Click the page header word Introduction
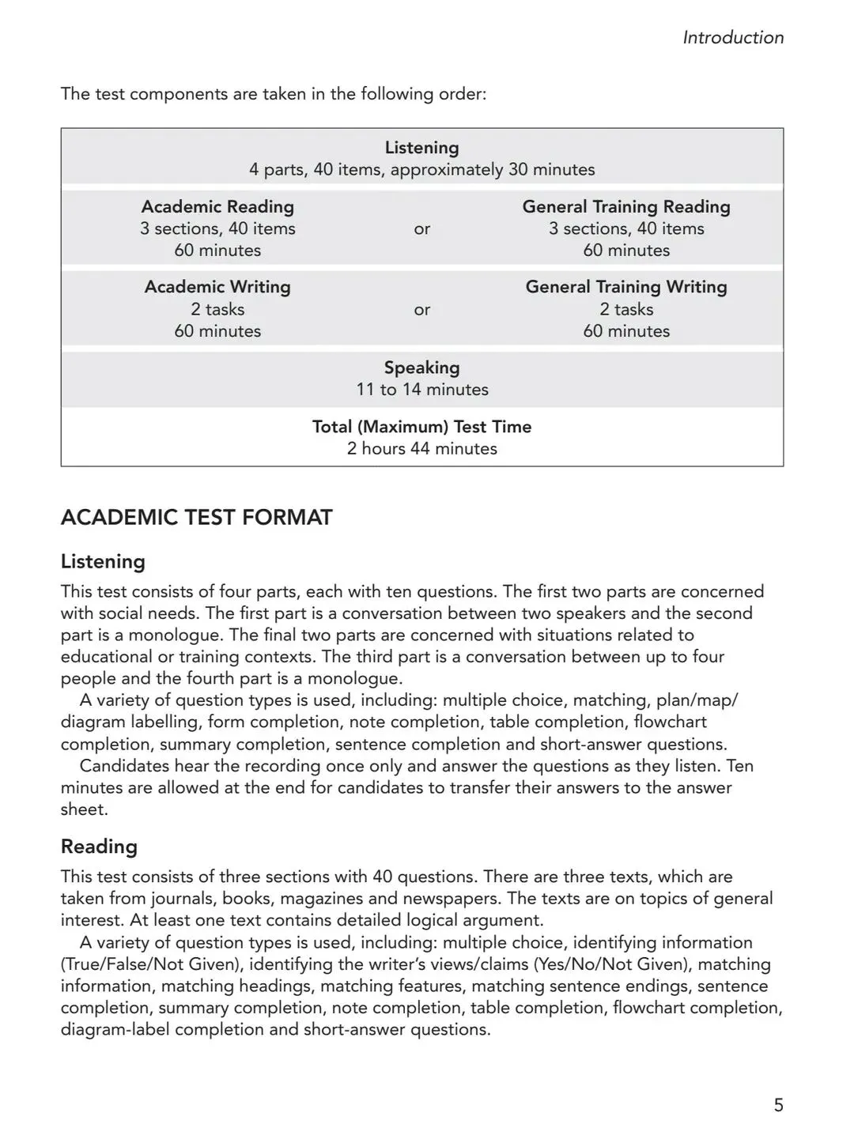(733, 37)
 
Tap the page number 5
(778, 1105)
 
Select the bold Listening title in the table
(421, 148)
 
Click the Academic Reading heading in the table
(217, 207)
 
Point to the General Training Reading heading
(626, 207)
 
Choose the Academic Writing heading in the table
(217, 287)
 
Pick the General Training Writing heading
(626, 287)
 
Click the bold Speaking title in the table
(421, 368)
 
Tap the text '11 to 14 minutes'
(421, 390)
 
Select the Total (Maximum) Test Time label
(421, 427)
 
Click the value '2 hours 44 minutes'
(421, 449)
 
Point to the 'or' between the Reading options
(421, 229)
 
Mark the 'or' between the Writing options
(421, 310)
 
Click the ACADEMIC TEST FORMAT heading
(197, 518)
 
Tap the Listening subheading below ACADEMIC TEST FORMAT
(103, 562)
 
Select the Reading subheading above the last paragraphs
(99, 847)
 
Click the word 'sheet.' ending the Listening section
(84, 809)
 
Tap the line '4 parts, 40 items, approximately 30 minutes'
(421, 170)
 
